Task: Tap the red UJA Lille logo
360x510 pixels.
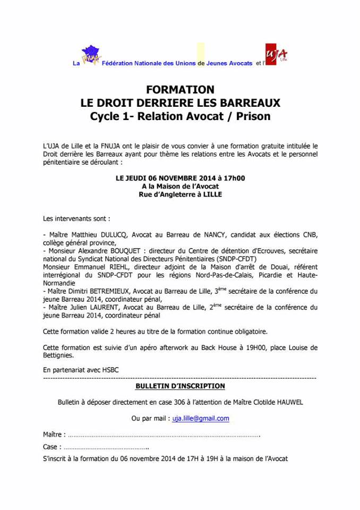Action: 278,56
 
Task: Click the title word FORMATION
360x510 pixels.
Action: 180,89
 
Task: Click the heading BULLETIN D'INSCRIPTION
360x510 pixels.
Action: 180,386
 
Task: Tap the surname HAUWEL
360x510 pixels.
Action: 288,402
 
